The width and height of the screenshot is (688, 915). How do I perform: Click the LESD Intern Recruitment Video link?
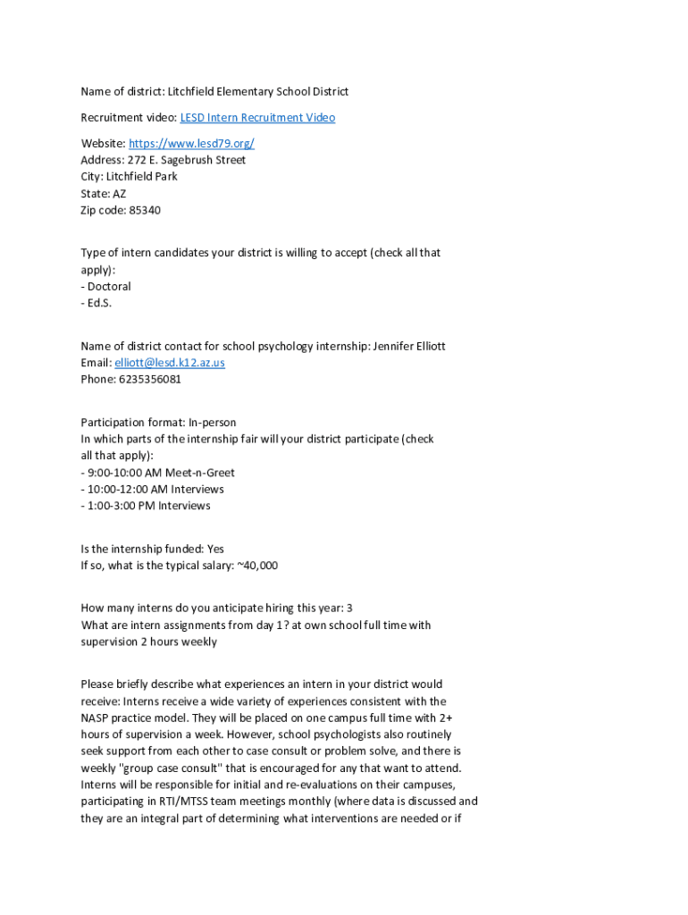click(x=257, y=118)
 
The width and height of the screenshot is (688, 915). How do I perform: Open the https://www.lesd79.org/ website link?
click(x=191, y=144)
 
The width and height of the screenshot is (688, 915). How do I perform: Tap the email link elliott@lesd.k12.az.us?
click(x=170, y=363)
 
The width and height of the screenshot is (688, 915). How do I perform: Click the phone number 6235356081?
click(x=149, y=380)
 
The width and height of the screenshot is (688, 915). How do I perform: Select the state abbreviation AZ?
click(x=119, y=194)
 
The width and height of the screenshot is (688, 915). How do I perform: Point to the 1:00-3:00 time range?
click(x=113, y=507)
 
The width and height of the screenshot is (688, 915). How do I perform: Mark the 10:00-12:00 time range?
click(x=116, y=490)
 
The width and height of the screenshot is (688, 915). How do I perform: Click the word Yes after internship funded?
click(x=215, y=550)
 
